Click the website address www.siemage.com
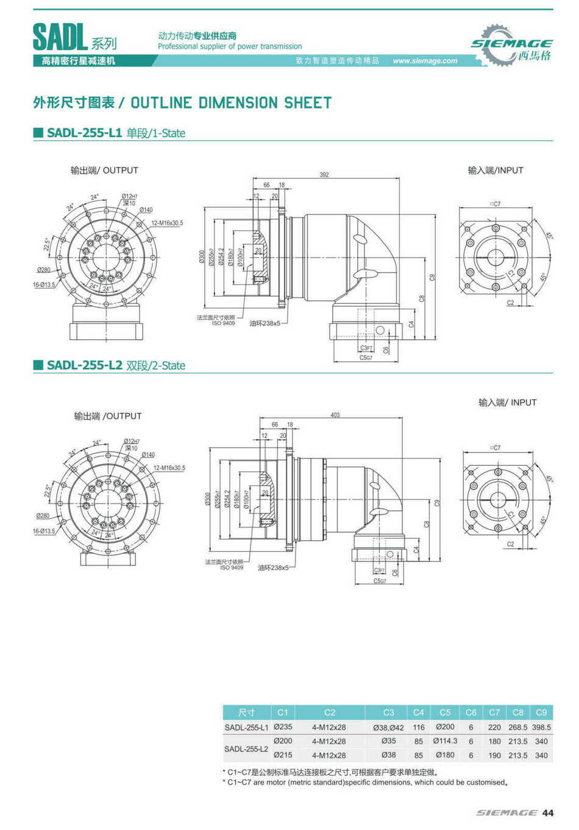click(425, 61)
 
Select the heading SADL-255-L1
click(85, 133)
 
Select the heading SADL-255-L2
click(85, 365)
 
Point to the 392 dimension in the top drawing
click(324, 175)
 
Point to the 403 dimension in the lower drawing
click(335, 415)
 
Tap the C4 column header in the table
click(418, 712)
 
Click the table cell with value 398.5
click(541, 727)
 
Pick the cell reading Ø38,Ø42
click(388, 727)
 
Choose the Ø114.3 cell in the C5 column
click(445, 741)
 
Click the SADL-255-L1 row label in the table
click(246, 727)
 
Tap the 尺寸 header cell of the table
click(246, 712)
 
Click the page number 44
click(548, 813)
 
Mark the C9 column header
click(541, 712)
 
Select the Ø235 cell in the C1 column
click(283, 726)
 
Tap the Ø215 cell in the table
click(283, 754)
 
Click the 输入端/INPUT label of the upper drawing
click(496, 171)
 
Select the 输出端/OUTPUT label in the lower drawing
click(108, 416)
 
